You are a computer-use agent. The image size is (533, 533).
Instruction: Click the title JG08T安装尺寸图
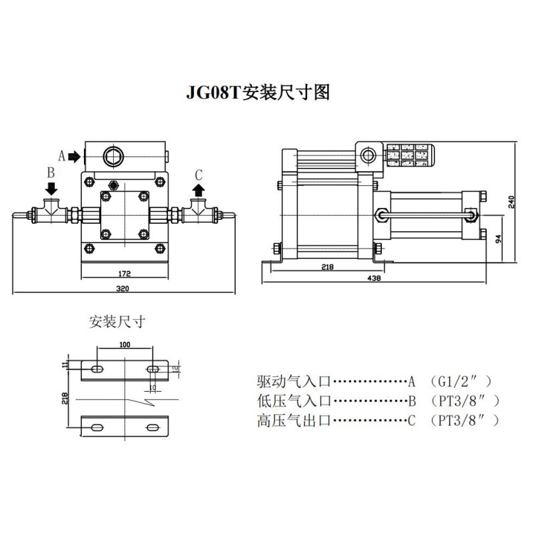coord(257,92)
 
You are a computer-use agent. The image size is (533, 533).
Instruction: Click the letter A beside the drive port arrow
coord(62,156)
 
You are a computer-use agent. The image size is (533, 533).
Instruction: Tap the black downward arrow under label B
coord(51,189)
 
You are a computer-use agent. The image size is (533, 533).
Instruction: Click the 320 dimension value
coord(123,288)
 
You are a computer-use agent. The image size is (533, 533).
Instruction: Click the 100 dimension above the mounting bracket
coord(125,344)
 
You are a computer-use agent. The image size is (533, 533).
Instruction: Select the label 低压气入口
coord(294,401)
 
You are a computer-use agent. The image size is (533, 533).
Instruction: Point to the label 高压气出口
coord(294,420)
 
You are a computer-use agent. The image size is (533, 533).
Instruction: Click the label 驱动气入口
coord(294,382)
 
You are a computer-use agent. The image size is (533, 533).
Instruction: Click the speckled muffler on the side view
coord(410,155)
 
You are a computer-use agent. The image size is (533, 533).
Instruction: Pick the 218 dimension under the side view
coord(326,266)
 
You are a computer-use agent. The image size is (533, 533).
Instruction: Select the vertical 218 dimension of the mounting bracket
coord(65,398)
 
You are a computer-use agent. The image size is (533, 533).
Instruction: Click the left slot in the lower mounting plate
coord(97,426)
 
